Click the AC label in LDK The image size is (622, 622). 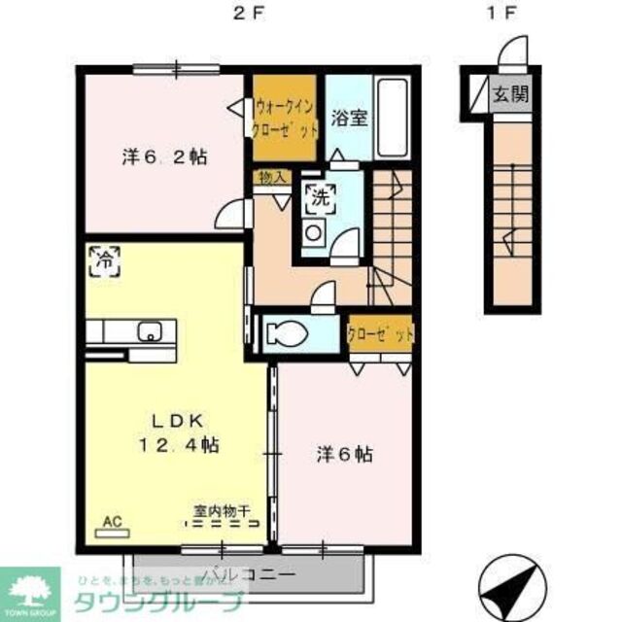click(112, 521)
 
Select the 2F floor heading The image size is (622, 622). click(248, 14)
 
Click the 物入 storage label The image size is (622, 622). click(272, 177)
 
